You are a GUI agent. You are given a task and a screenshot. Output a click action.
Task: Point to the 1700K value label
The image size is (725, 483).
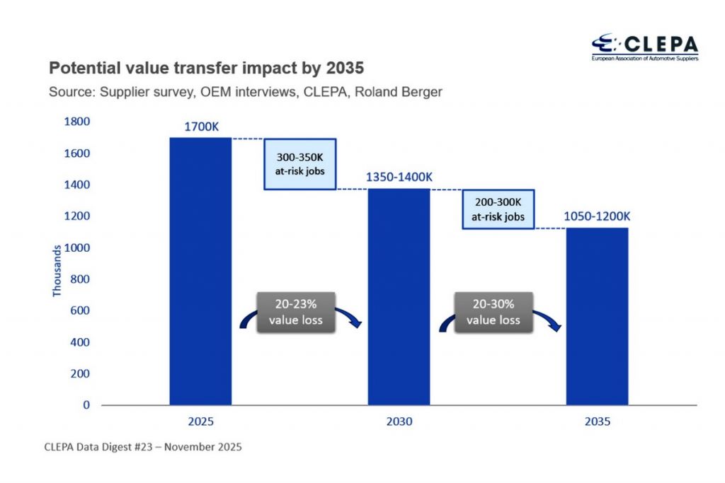[201, 127]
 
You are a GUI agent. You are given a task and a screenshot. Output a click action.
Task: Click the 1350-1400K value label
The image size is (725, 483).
[399, 178]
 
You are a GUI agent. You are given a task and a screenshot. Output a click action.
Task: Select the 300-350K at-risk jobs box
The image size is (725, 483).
[299, 164]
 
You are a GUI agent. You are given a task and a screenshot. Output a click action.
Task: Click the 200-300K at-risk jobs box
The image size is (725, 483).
[498, 209]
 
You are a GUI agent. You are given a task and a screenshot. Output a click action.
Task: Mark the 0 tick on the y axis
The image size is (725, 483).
[86, 405]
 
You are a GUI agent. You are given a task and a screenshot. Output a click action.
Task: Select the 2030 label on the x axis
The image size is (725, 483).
[399, 422]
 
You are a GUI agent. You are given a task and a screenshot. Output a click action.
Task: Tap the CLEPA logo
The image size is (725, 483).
[644, 47]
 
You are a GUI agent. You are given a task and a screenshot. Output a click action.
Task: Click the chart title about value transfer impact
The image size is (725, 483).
[205, 69]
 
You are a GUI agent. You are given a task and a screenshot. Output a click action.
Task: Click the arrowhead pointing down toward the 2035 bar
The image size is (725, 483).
[558, 327]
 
